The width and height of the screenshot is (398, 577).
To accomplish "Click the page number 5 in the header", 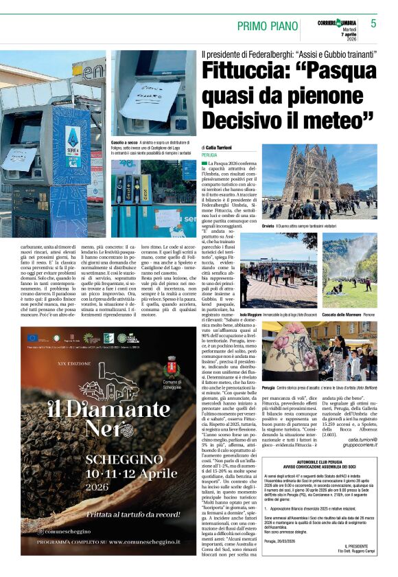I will pos(374,23).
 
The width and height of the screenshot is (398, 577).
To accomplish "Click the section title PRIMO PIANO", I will pos(267,26).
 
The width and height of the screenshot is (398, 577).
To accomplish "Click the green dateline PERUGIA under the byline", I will pos(209,155).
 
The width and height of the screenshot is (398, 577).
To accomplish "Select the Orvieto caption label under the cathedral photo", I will pos(269,225).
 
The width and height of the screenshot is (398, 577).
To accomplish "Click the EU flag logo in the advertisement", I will pos(34,337).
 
